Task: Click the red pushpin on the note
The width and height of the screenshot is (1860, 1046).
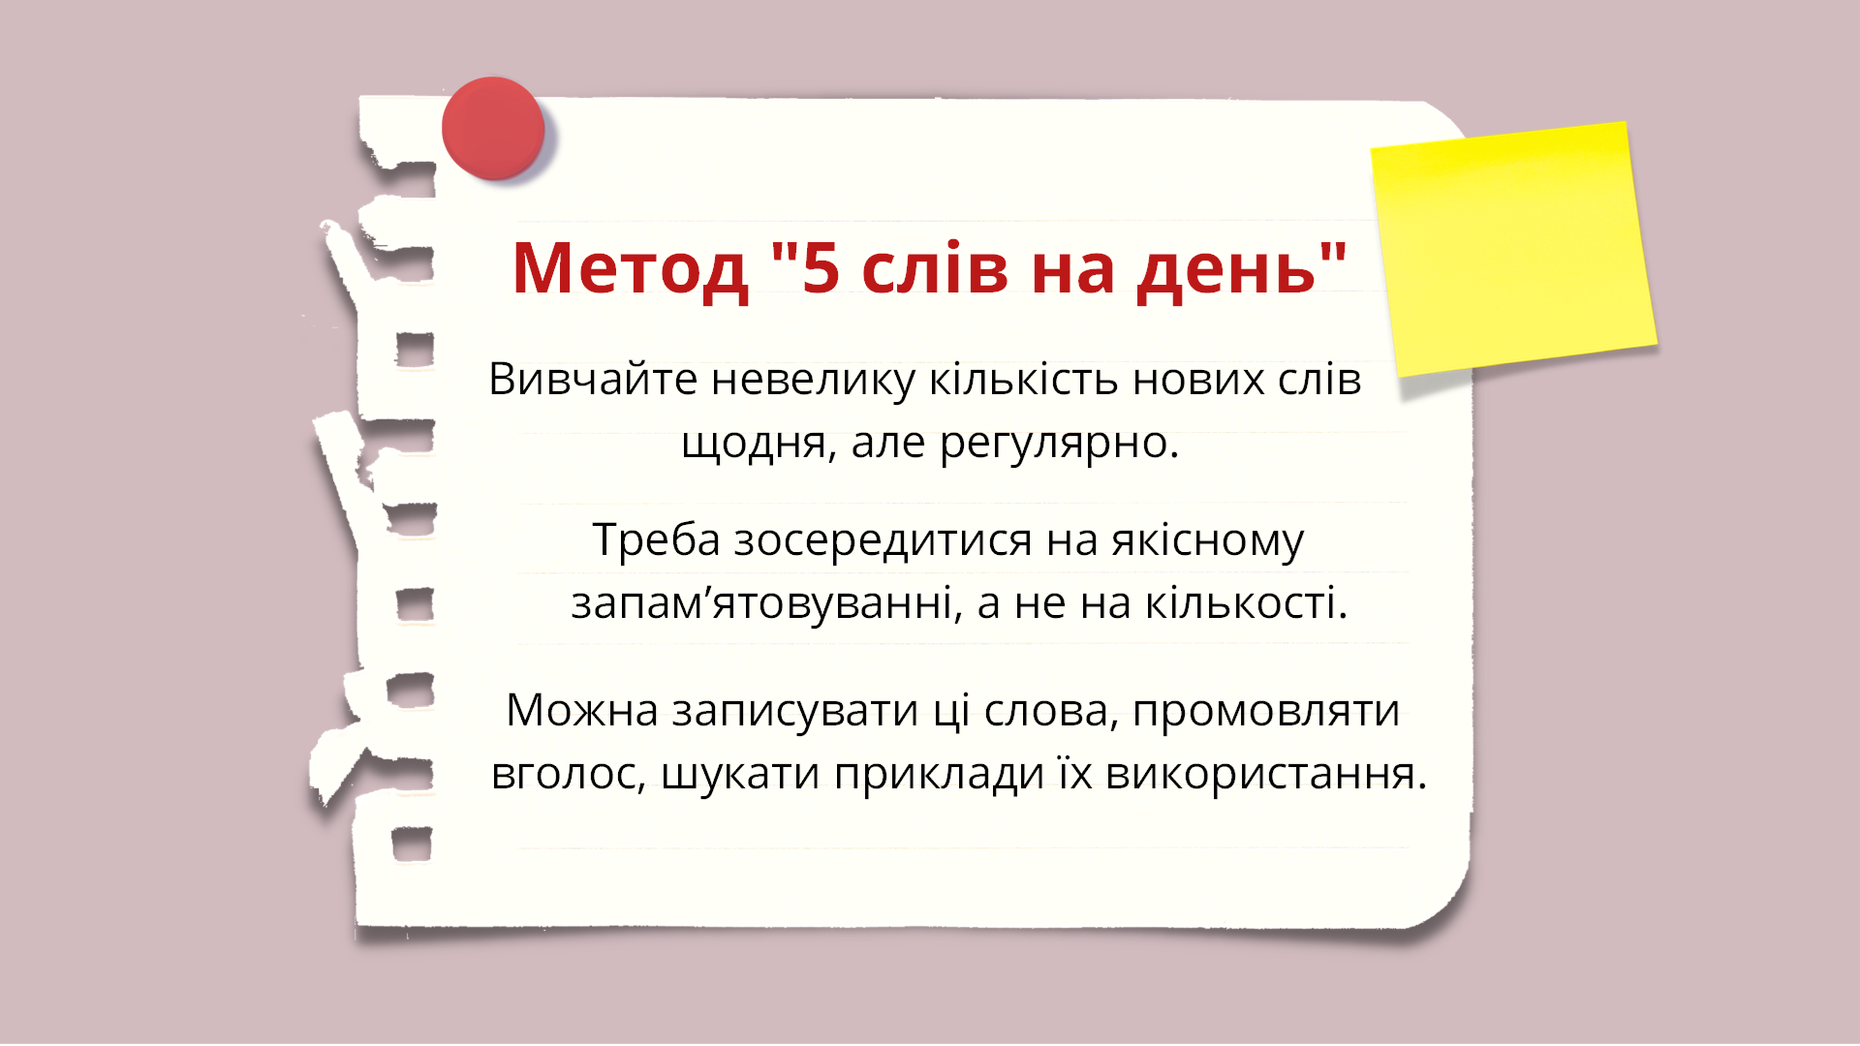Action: [493, 128]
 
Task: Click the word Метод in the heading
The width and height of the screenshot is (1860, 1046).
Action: [630, 268]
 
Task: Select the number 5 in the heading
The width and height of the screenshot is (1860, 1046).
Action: [820, 268]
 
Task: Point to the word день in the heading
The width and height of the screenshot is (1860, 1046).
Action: [1226, 268]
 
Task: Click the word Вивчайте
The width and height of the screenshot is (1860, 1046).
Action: [592, 379]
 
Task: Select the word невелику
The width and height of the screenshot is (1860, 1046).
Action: [813, 379]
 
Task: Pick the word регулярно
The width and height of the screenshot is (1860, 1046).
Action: [1058, 443]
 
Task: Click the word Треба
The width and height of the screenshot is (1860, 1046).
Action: [656, 539]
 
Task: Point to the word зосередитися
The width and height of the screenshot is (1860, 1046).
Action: [883, 539]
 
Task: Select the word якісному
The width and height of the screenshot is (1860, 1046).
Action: [1207, 539]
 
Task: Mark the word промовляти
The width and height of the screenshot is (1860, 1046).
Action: [1265, 710]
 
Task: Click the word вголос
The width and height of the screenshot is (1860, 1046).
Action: [568, 774]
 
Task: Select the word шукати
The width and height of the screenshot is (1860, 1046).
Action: [740, 774]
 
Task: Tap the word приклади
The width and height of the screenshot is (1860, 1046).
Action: [939, 774]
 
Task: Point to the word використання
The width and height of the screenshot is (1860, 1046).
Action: [1265, 774]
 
